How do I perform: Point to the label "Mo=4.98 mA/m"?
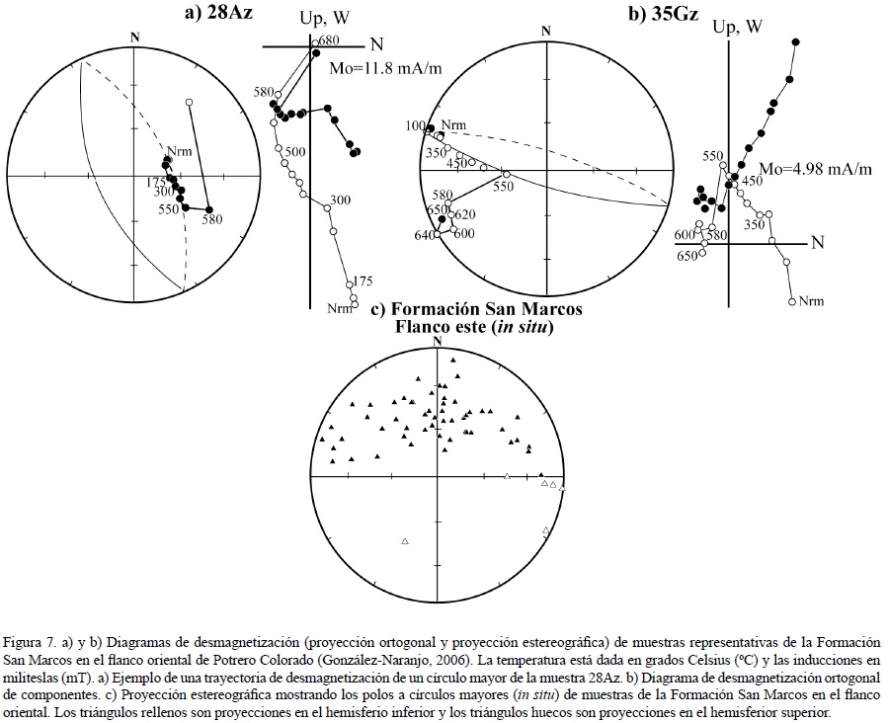[815, 169]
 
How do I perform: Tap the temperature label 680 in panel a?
[329, 40]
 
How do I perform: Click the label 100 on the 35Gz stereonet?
[414, 126]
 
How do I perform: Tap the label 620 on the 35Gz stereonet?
[465, 214]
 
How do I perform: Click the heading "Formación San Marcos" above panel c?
[476, 309]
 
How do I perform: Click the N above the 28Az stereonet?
[133, 37]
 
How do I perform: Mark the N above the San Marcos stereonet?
[437, 342]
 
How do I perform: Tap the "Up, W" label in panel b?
[738, 27]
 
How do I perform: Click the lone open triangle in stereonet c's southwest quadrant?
[405, 541]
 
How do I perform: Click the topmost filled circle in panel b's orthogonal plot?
[796, 40]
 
